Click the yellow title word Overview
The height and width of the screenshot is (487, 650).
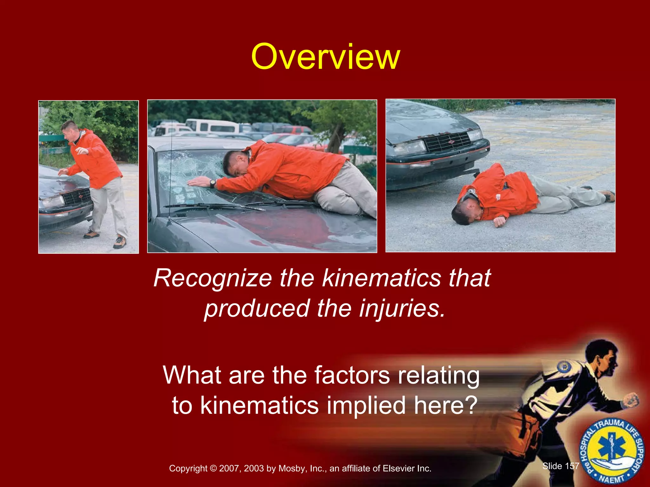point(325,57)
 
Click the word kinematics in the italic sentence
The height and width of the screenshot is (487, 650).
point(381,278)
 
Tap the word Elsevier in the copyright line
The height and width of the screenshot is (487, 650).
point(399,469)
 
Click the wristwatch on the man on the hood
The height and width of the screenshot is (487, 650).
point(212,183)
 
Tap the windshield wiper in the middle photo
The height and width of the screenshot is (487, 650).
point(216,206)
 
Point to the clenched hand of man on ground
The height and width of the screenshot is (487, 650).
point(499,221)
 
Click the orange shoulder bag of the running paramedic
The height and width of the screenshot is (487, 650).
point(524,434)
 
